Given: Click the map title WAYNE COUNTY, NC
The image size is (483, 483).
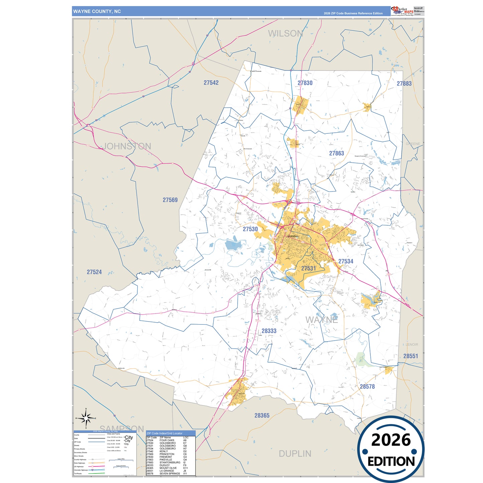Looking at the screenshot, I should (x=97, y=11).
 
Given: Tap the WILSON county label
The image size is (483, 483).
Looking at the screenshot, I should (x=285, y=33).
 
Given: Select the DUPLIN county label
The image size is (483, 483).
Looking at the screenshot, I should (x=295, y=454).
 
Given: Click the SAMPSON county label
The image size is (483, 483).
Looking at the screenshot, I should (x=122, y=429).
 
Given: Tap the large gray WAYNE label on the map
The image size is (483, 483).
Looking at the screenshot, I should (x=322, y=320).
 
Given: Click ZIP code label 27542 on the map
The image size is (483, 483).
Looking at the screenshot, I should (x=211, y=83).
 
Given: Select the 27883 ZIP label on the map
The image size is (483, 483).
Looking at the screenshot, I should (x=404, y=84).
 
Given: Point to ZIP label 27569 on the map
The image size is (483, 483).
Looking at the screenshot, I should (x=170, y=200).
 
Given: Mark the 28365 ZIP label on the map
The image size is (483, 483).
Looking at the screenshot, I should (x=262, y=415).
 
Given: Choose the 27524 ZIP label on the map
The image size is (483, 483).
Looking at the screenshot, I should (x=94, y=272).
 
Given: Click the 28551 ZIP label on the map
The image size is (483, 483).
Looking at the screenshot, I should (x=410, y=356).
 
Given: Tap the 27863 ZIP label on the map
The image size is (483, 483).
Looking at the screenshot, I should (x=336, y=153).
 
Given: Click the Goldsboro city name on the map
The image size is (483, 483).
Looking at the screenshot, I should (x=293, y=236).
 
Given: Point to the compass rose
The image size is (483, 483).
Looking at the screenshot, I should (x=86, y=418).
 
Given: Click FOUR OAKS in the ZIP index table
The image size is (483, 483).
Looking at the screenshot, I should (x=167, y=440).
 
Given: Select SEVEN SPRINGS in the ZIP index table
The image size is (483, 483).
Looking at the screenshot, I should (x=169, y=473).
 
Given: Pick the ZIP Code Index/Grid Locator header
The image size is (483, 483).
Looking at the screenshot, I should (x=164, y=433).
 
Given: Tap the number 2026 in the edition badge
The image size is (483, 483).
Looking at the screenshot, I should (x=391, y=440).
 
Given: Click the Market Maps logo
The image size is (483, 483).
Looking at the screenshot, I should (x=402, y=11).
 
